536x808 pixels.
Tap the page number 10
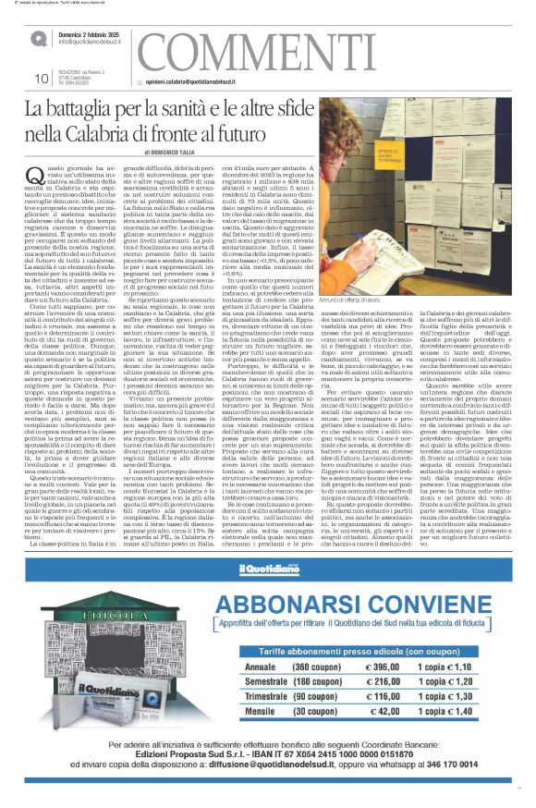click(40, 79)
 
